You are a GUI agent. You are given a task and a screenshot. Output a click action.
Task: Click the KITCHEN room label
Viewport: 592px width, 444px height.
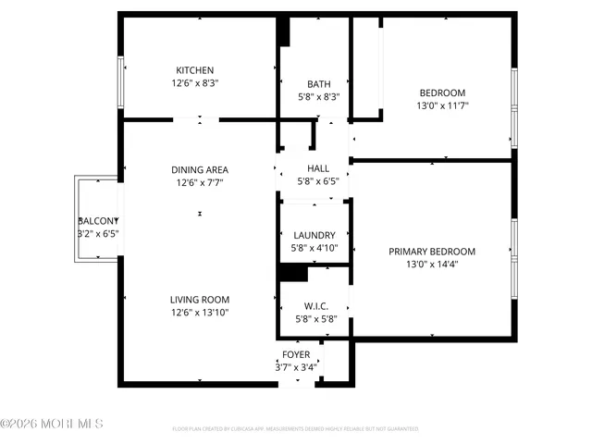(195, 70)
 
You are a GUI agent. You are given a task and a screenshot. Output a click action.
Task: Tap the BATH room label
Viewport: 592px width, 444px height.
(312, 83)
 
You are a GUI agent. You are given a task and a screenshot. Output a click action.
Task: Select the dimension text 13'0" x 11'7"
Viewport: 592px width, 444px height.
(443, 105)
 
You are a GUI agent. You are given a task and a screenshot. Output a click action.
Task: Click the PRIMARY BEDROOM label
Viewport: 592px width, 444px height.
(432, 252)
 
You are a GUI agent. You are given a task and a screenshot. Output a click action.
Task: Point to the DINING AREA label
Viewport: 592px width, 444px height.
(199, 170)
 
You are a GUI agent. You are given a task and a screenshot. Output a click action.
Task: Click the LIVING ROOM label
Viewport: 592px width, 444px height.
(199, 300)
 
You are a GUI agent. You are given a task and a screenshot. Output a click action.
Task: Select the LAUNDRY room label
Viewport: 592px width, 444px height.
(314, 236)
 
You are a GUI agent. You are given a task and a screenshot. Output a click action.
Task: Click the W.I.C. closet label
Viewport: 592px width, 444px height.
(315, 306)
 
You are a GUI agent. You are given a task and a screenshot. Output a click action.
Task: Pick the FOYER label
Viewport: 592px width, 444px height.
(296, 354)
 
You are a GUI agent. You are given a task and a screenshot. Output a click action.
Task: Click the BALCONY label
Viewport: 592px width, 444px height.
(98, 221)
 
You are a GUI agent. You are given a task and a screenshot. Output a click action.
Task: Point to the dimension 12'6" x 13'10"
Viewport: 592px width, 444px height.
(199, 313)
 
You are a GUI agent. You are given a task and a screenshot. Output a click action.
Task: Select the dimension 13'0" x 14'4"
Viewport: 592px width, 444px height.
(432, 265)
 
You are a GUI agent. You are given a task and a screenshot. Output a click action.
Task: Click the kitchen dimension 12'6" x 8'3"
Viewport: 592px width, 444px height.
(195, 83)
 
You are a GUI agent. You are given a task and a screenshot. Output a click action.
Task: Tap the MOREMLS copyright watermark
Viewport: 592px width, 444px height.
(52, 424)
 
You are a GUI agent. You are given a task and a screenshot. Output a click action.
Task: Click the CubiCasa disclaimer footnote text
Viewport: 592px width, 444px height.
(295, 429)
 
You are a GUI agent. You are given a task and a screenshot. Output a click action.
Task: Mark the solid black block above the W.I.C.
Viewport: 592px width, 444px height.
(293, 273)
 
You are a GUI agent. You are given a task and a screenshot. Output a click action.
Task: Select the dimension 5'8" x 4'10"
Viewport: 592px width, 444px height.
(314, 249)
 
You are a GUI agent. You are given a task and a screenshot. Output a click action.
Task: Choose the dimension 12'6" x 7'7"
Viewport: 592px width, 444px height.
(199, 183)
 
